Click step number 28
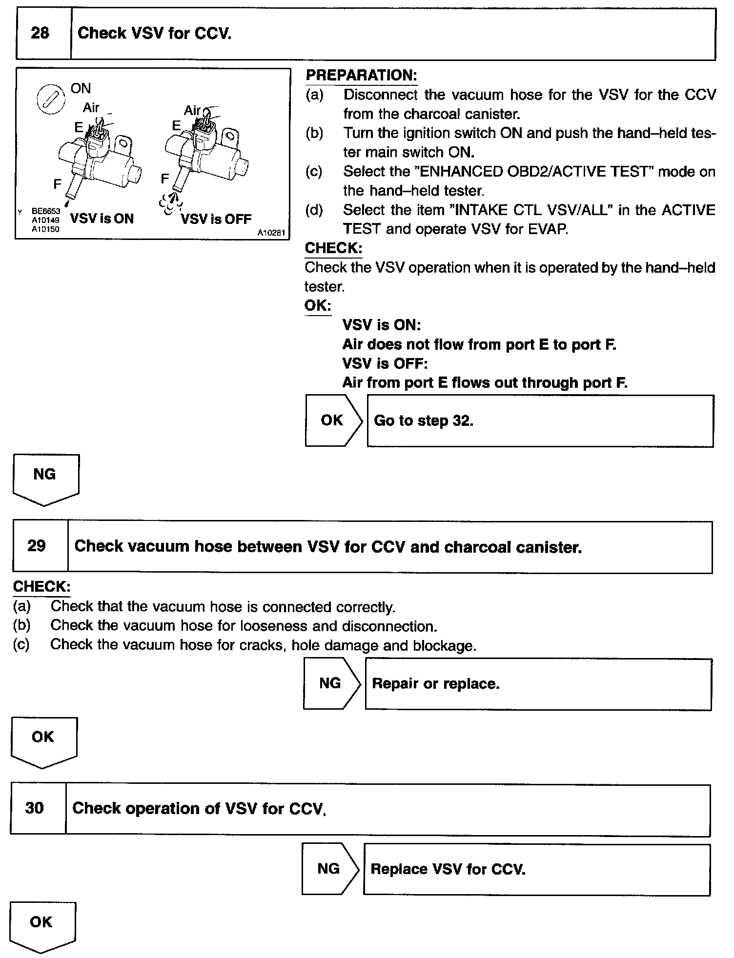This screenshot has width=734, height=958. tap(40, 33)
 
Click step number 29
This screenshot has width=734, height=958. tap(37, 545)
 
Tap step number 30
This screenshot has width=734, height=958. tap(35, 808)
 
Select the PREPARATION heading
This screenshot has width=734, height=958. tap(361, 75)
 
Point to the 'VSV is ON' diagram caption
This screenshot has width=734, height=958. tap(102, 219)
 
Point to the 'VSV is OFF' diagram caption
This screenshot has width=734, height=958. tap(216, 219)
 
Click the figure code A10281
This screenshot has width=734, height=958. tap(271, 233)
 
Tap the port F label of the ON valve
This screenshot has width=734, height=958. tap(58, 184)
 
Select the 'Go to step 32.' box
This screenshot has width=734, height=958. tap(540, 420)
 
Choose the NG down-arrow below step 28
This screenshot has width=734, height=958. tap(45, 478)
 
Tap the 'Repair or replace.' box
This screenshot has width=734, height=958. tap(538, 683)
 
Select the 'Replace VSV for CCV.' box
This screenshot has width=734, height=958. tap(536, 869)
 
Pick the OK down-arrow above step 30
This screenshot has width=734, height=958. tap(43, 740)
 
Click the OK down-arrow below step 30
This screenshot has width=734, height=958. tap(42, 926)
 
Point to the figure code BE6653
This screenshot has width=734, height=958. tap(45, 212)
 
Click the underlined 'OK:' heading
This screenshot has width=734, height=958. tap(318, 306)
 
